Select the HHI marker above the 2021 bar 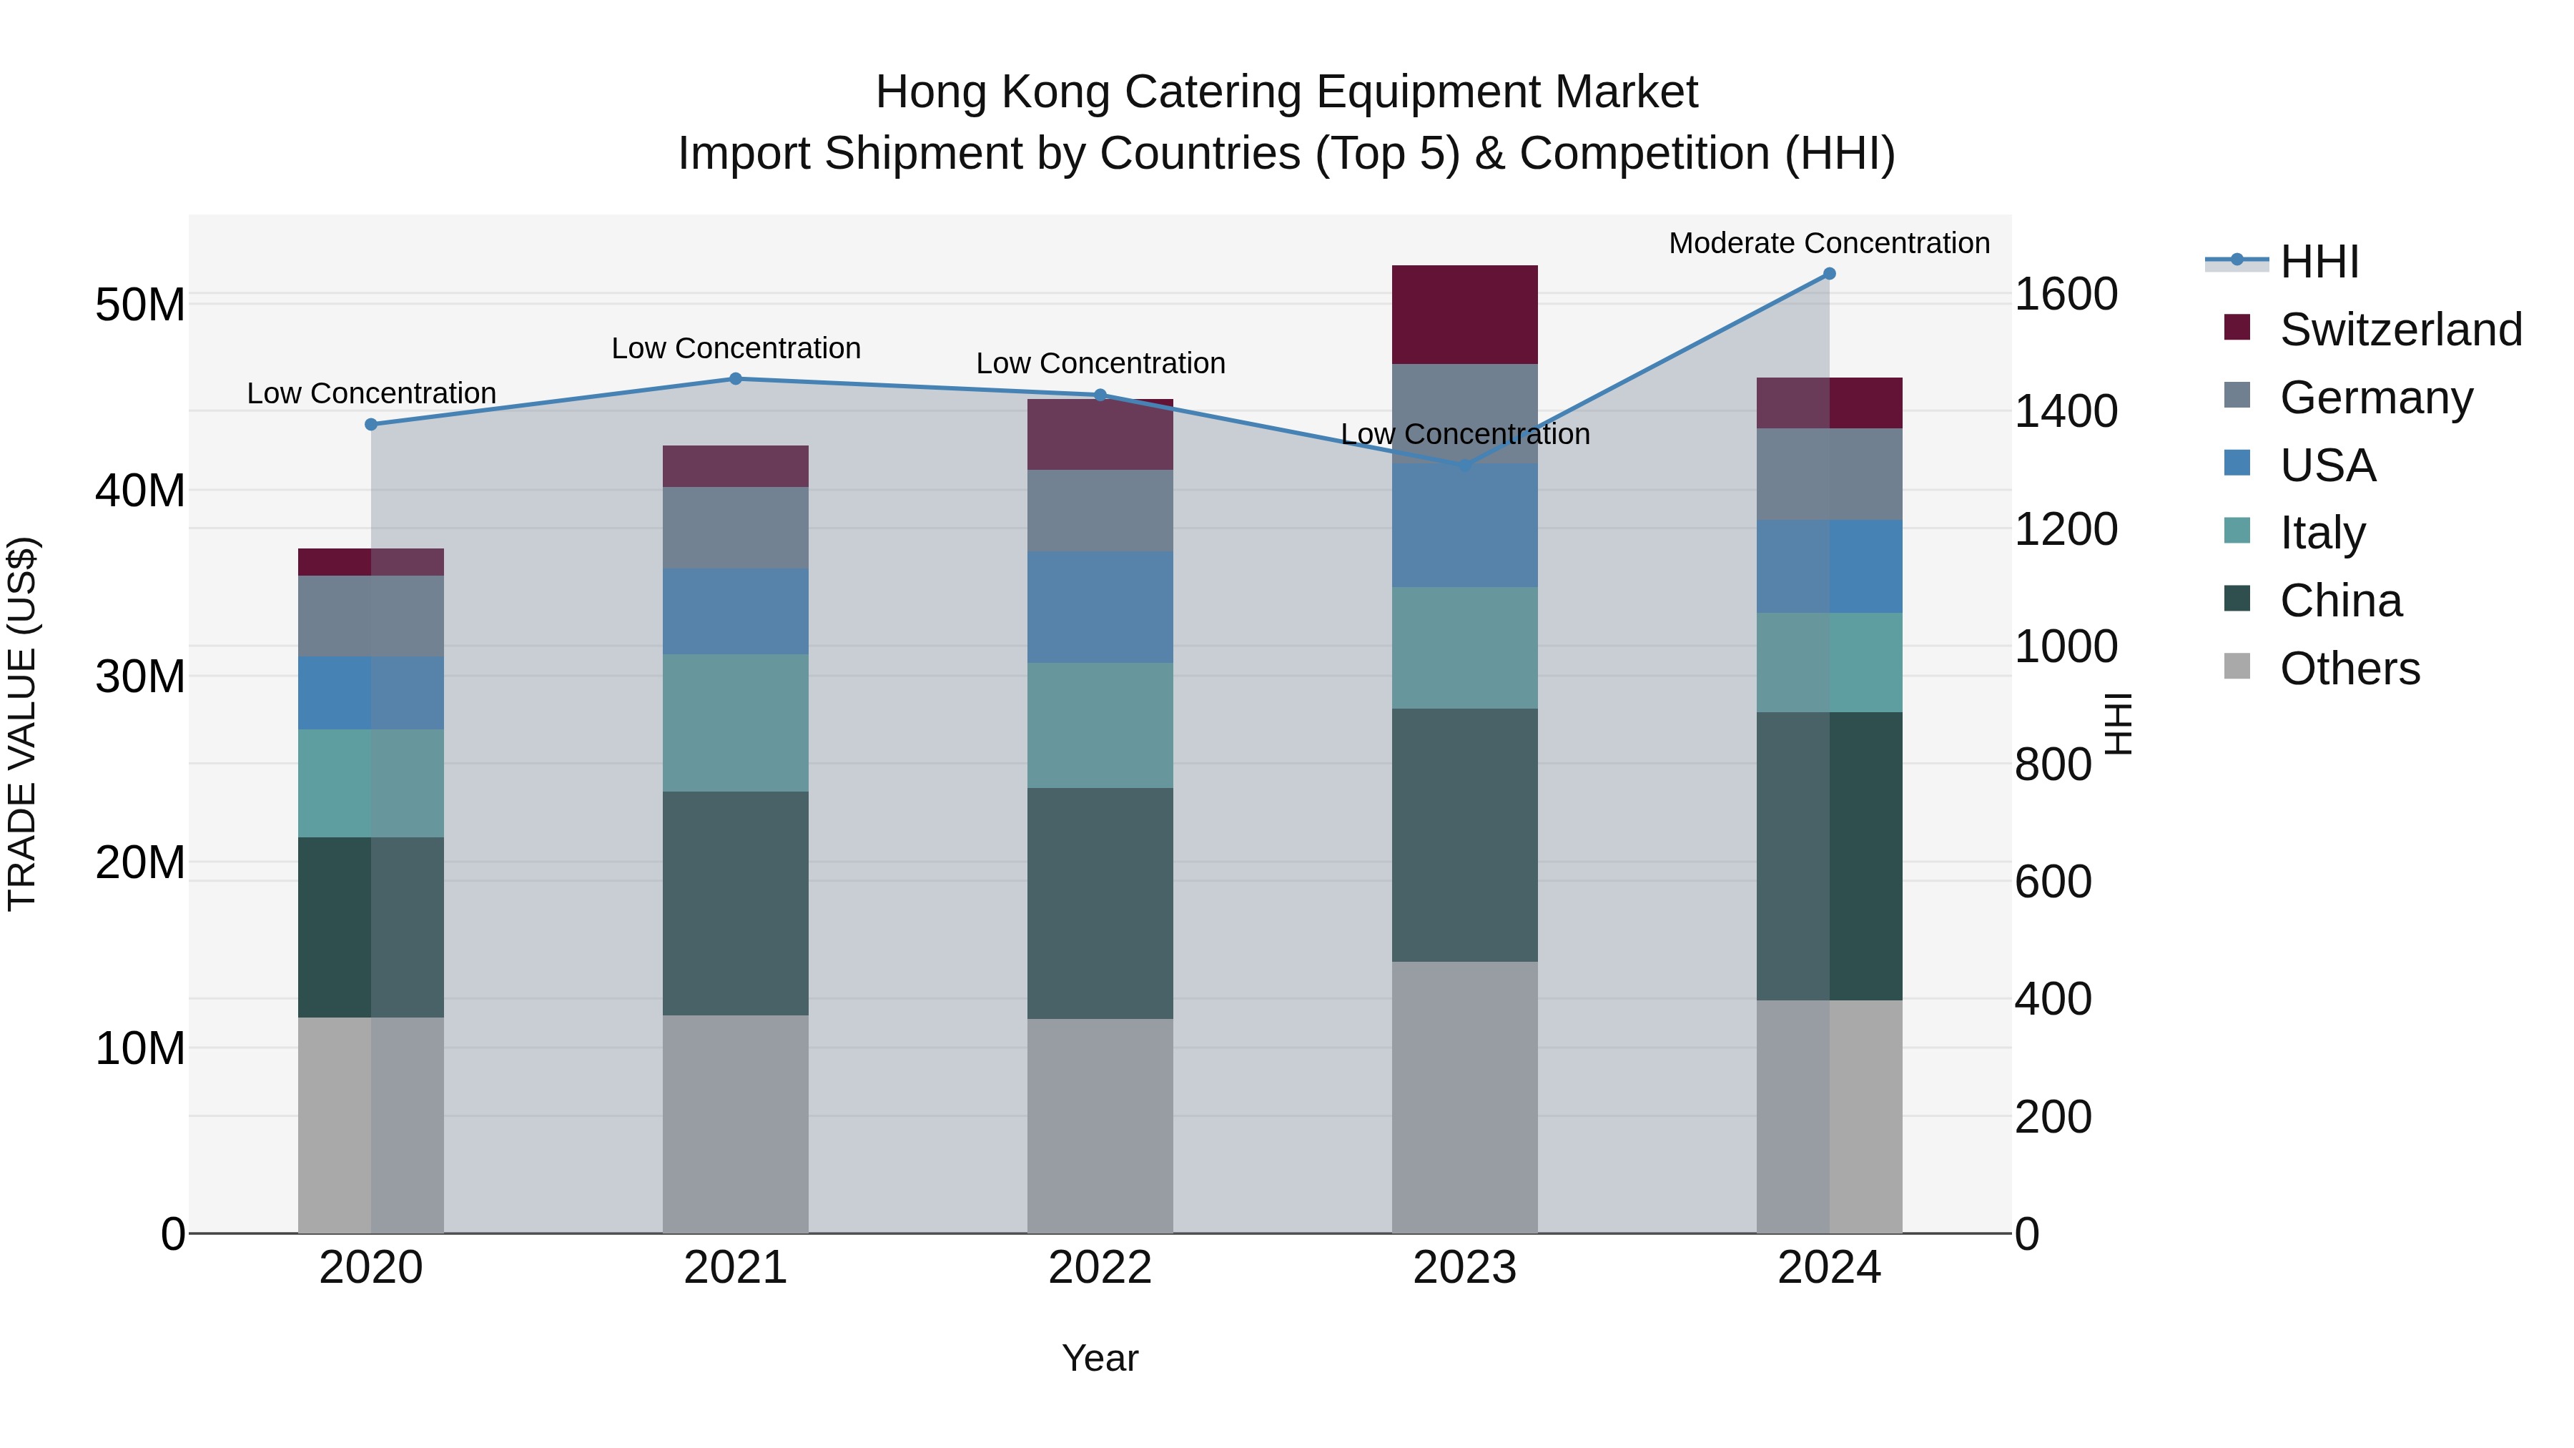coord(736,379)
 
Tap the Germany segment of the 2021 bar coord(736,528)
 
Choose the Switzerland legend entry coord(2400,330)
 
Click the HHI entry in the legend coord(2318,262)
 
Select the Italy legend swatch coord(2237,531)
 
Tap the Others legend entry coord(2348,669)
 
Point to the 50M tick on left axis coord(140,305)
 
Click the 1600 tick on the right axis coord(2064,294)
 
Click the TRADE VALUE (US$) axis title coord(22,724)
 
